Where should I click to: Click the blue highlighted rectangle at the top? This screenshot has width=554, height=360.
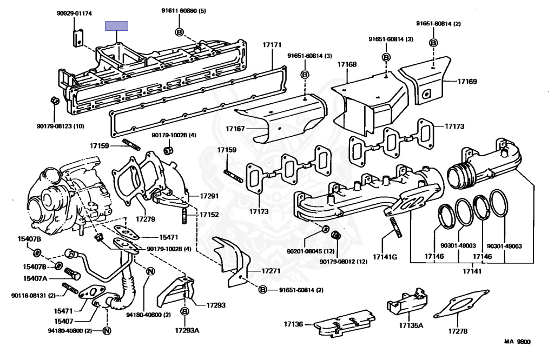coord(116,26)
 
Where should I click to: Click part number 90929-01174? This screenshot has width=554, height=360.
coord(74,14)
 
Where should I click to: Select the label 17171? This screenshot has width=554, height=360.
coord(272,45)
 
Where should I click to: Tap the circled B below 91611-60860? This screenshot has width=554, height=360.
coord(180,32)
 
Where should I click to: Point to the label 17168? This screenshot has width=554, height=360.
coord(347,64)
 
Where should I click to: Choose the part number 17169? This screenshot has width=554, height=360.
coord(467,82)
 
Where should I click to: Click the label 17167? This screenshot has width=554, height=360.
coord(235,129)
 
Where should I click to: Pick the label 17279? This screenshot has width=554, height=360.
coord(145,219)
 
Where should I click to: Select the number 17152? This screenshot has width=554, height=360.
coord(209,215)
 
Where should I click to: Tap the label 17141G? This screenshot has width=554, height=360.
coord(385,257)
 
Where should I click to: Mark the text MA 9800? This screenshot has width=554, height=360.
coord(517,341)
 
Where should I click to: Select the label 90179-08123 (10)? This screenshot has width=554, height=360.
coord(61,126)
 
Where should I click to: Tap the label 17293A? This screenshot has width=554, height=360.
coord(187,330)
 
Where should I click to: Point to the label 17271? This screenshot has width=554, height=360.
coord(271,271)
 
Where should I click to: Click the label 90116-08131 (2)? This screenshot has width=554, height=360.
coord(33,296)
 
